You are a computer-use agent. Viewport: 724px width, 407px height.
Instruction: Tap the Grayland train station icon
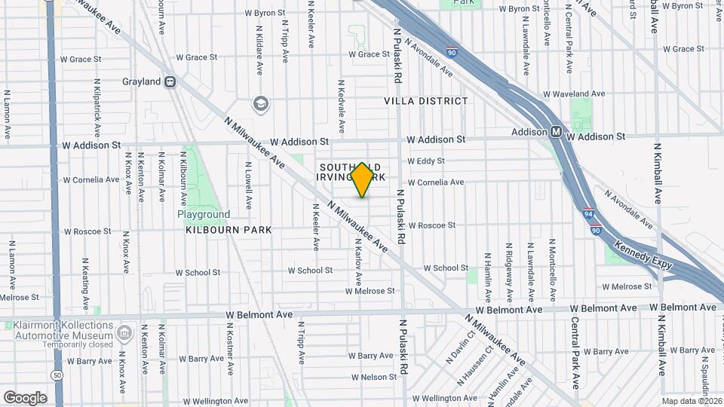(x=171, y=81)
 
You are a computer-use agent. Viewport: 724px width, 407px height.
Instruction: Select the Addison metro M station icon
(x=556, y=131)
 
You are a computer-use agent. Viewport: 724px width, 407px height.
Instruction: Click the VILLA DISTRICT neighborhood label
(x=425, y=100)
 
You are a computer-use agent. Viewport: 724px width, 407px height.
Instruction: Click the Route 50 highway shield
(x=57, y=375)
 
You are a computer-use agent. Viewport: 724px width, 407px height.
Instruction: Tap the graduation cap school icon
(x=260, y=103)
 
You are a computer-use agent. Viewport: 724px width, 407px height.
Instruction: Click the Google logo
(x=25, y=397)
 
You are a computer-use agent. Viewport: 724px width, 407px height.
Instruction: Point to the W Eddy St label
(x=426, y=161)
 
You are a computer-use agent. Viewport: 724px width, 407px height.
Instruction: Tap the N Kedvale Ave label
(x=342, y=107)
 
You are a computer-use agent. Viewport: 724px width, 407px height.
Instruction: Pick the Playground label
(x=204, y=214)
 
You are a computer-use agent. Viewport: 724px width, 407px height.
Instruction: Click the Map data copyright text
(x=692, y=401)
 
